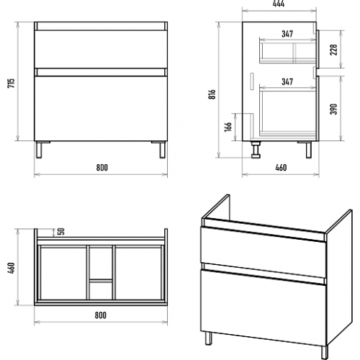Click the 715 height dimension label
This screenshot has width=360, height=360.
point(12,83)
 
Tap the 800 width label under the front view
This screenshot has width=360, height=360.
point(102,167)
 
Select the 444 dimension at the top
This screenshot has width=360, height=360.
point(279,4)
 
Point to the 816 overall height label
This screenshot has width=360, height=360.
point(212,94)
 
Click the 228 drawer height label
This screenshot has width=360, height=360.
point(333,50)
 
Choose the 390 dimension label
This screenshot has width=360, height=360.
point(333,109)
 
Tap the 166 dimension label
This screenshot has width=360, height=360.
point(228,127)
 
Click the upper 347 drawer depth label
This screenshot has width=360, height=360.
point(287,34)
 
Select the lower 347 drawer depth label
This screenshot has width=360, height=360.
point(287,81)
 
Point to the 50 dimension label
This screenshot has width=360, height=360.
point(61,231)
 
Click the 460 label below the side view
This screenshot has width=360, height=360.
point(281,167)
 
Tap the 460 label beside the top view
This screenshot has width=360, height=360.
point(12,268)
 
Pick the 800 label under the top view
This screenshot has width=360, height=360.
point(100,315)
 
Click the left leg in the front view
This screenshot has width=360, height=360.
point(39,150)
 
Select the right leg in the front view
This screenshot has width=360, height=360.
point(162,150)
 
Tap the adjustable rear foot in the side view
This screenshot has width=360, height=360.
point(256,150)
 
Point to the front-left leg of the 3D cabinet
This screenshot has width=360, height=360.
point(209,338)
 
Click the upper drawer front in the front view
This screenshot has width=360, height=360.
point(101,49)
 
